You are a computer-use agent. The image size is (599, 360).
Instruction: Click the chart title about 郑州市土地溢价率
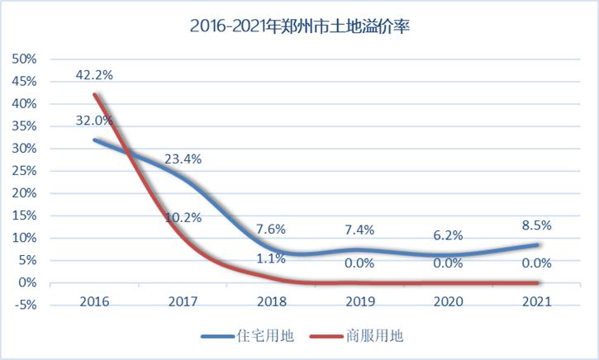[300, 26]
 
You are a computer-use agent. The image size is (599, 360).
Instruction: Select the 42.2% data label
[94, 74]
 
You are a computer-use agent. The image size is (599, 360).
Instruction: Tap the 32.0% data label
[94, 120]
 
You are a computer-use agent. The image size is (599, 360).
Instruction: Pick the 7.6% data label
[272, 230]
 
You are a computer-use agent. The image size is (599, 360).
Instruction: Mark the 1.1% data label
[272, 258]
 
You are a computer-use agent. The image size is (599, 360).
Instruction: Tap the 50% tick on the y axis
[25, 59]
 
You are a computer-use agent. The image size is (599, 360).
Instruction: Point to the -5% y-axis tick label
[25, 306]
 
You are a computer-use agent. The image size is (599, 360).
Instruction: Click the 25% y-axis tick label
[25, 171]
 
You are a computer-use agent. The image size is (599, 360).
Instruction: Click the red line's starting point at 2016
[94, 94]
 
